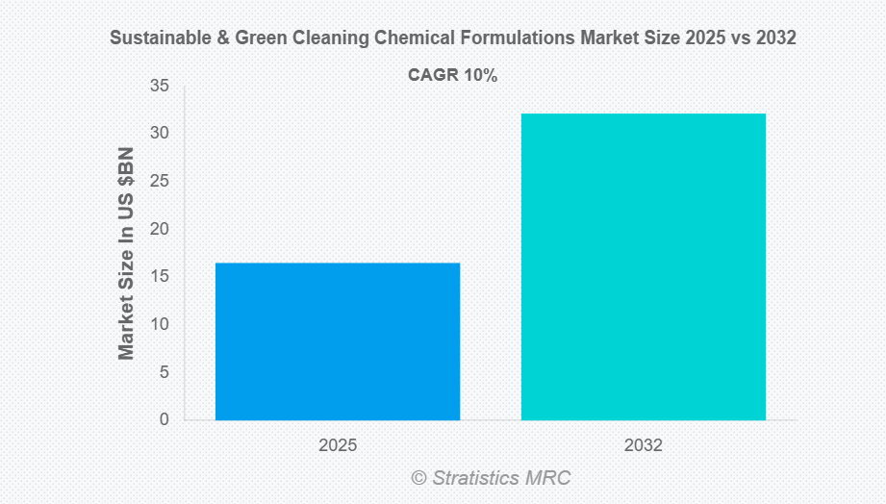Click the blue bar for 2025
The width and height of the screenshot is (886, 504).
tap(338, 341)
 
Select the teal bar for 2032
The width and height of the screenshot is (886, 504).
tap(643, 266)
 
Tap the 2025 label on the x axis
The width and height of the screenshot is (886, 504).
tap(338, 446)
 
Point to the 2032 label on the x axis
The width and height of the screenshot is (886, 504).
tap(643, 446)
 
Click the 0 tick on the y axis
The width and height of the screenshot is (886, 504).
tap(164, 419)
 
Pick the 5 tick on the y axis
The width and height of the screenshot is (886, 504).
tap(164, 372)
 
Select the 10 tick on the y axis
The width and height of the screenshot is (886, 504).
tap(159, 324)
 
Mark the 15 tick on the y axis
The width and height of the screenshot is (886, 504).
tap(159, 277)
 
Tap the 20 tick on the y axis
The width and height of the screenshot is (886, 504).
tap(159, 229)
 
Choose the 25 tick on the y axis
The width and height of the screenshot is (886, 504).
tap(159, 182)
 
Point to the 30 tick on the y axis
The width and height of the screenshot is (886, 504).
tap(159, 134)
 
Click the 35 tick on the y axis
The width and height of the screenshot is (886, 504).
tap(159, 87)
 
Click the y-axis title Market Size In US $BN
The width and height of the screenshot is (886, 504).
tap(127, 253)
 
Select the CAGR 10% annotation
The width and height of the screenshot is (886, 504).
tap(453, 75)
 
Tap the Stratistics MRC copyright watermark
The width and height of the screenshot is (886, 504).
tap(492, 477)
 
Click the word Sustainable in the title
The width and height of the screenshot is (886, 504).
tap(155, 38)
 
